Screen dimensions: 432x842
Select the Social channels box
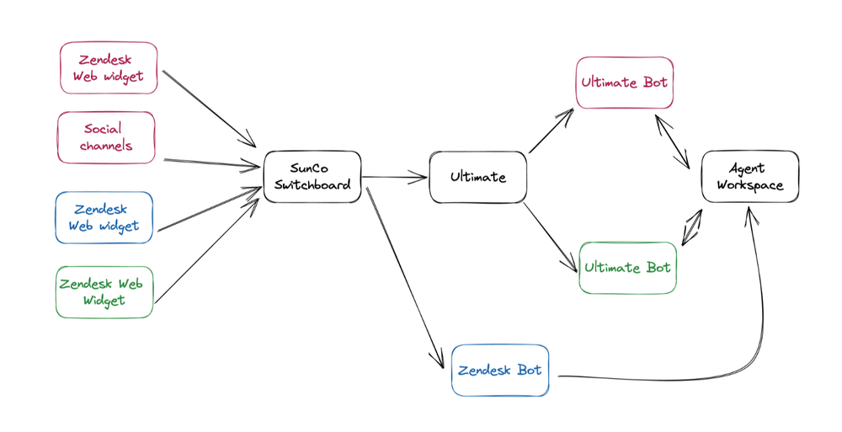pyautogui.click(x=106, y=137)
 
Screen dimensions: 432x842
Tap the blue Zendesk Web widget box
pyautogui.click(x=105, y=218)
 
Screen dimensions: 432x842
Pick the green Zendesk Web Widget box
pyautogui.click(x=104, y=291)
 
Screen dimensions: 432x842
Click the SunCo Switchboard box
pyautogui.click(x=312, y=177)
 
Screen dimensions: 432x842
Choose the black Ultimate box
pyautogui.click(x=478, y=177)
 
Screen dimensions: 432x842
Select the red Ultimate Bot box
pyautogui.click(x=625, y=83)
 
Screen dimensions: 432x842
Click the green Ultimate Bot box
pyautogui.click(x=627, y=268)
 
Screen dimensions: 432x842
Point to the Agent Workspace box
pyautogui.click(x=750, y=177)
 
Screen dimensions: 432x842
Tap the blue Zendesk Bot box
pyautogui.click(x=500, y=370)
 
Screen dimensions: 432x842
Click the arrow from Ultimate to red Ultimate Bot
pyautogui.click(x=552, y=131)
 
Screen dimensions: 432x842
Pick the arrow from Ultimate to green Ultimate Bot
pyautogui.click(x=552, y=237)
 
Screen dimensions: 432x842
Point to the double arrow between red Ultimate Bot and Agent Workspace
pyautogui.click(x=672, y=141)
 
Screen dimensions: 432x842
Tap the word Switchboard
pyautogui.click(x=312, y=185)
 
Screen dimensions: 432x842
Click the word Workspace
pyautogui.click(x=750, y=185)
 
